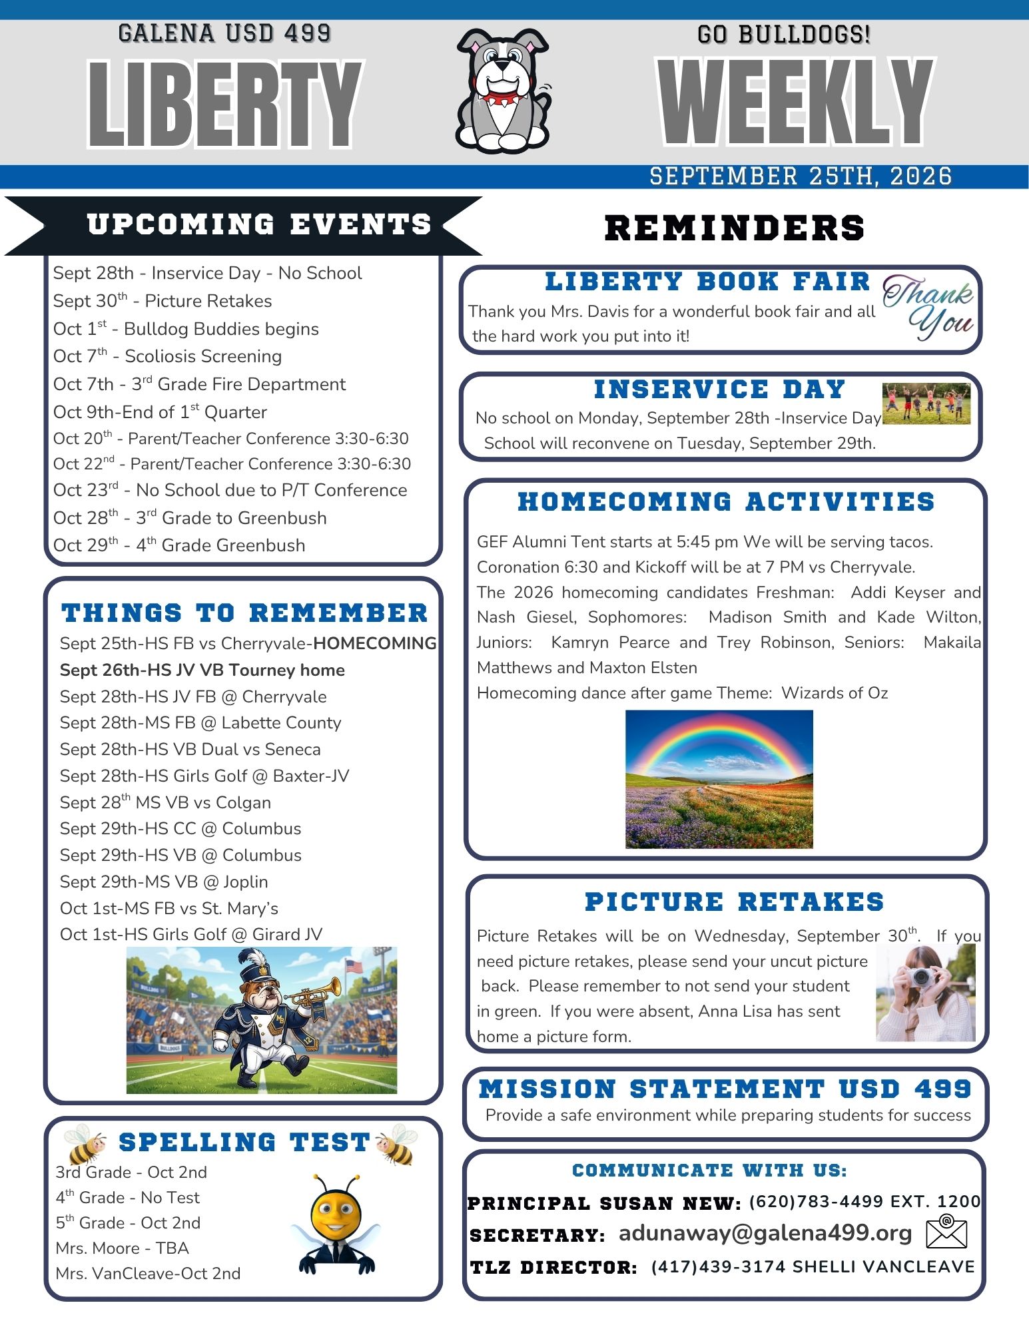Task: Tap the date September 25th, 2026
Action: tap(801, 176)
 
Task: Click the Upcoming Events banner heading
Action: tap(259, 224)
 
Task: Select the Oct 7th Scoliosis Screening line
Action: tap(167, 356)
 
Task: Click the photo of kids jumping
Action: tap(926, 403)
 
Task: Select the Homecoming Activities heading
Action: tap(726, 502)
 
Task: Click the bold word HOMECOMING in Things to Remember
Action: tap(375, 643)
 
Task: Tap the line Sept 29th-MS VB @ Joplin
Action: tap(164, 882)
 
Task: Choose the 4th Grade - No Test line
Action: tap(127, 1197)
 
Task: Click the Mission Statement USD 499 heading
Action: tap(725, 1089)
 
